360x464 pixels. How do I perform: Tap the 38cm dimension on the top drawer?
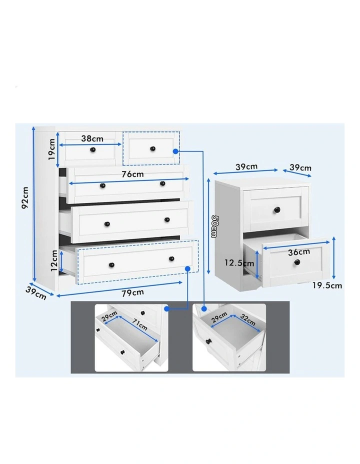(x=92, y=138)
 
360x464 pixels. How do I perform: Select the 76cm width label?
(x=132, y=174)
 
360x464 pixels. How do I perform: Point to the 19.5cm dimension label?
(x=328, y=285)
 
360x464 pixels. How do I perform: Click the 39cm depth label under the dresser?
(x=35, y=292)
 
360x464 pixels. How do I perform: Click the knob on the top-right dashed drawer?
(x=151, y=149)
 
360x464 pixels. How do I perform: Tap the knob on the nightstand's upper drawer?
(x=276, y=209)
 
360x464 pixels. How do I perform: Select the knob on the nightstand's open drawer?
(x=297, y=262)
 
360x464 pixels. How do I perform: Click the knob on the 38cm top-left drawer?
(x=92, y=149)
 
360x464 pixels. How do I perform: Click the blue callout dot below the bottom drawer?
(x=188, y=269)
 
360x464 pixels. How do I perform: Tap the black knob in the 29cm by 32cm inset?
(x=208, y=342)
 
